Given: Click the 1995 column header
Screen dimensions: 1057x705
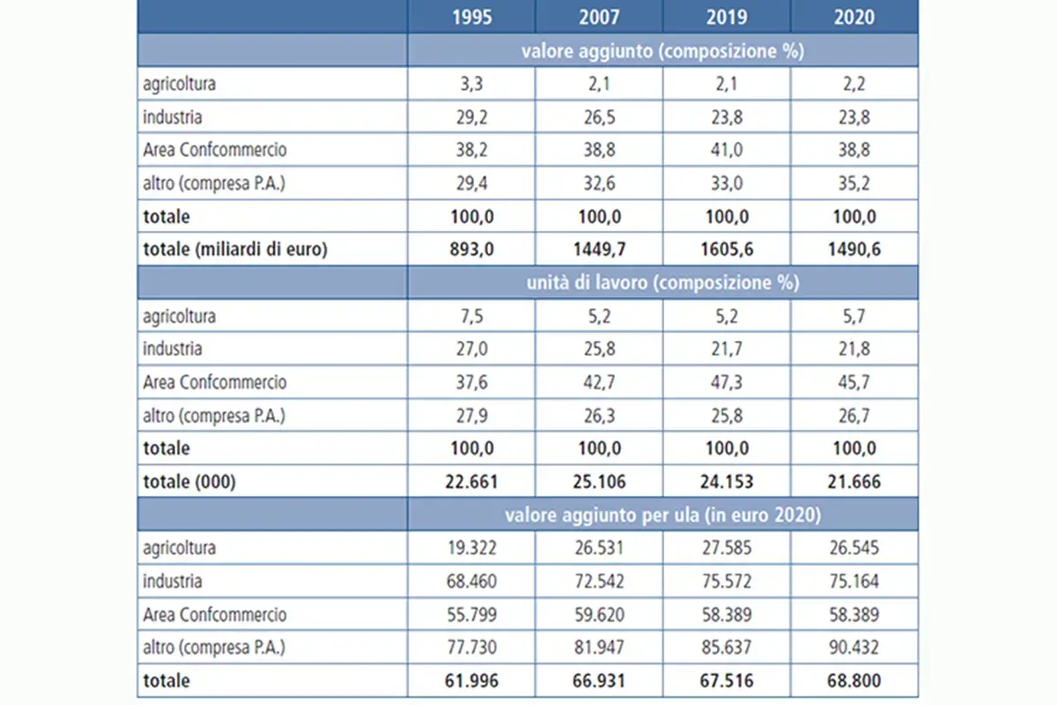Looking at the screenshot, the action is pyautogui.click(x=472, y=17).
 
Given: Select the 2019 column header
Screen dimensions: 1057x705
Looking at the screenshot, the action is pyautogui.click(x=727, y=17).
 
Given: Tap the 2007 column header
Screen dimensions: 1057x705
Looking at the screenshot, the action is pyautogui.click(x=599, y=17).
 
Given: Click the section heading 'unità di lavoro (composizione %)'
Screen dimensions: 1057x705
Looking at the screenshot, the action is pyautogui.click(x=663, y=282).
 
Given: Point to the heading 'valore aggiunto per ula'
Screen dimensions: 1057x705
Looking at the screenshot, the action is pyautogui.click(x=602, y=515).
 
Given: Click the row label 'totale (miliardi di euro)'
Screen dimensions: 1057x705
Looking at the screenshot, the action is pyautogui.click(x=235, y=249).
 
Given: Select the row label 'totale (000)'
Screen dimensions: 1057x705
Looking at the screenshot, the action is pyautogui.click(x=189, y=481).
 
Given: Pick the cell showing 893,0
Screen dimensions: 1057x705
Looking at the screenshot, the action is pyautogui.click(x=472, y=249).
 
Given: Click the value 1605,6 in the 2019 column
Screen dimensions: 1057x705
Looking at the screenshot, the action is pyautogui.click(x=727, y=249).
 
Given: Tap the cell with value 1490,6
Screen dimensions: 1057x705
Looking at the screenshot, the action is pyautogui.click(x=854, y=249).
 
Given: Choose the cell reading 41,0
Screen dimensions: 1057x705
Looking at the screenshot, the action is pyautogui.click(x=727, y=150).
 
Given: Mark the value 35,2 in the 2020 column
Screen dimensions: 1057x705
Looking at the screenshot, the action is pyautogui.click(x=854, y=182).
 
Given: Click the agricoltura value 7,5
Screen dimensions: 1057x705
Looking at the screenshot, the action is pyautogui.click(x=472, y=315).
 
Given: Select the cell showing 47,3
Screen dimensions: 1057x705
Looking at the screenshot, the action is pyautogui.click(x=727, y=382).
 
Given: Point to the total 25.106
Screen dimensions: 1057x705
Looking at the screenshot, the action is pyautogui.click(x=599, y=481).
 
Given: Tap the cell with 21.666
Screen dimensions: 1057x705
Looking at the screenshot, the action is pyautogui.click(x=854, y=481).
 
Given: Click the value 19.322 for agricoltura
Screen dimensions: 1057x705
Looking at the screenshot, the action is pyautogui.click(x=472, y=548).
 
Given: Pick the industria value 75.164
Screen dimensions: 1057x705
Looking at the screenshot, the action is pyautogui.click(x=854, y=581).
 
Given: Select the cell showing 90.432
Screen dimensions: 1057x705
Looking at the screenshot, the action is pyautogui.click(x=854, y=647).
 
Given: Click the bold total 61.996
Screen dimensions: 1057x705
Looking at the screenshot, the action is pyautogui.click(x=472, y=680).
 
